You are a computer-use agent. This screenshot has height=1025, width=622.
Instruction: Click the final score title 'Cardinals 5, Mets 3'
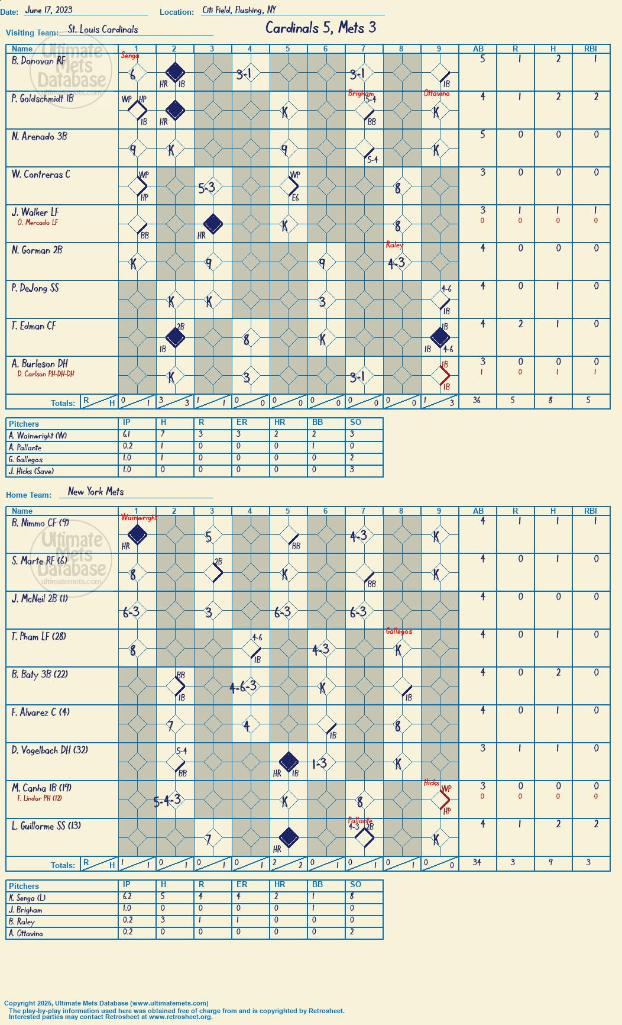click(320, 28)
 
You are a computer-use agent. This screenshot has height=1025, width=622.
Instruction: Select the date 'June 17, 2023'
click(48, 10)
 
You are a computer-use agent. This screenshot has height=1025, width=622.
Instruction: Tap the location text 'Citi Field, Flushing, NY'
click(239, 10)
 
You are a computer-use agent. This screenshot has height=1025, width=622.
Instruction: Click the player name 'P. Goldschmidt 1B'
click(43, 98)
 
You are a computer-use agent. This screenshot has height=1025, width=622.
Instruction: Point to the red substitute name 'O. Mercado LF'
click(38, 223)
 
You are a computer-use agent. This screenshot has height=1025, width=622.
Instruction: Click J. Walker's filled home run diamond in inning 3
click(213, 224)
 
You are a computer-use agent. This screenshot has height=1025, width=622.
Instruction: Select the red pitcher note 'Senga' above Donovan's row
click(130, 55)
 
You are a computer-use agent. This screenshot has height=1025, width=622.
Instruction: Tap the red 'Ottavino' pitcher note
click(436, 94)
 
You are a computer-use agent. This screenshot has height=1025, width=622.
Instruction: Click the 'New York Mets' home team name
click(96, 491)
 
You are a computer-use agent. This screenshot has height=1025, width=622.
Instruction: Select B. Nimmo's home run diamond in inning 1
click(137, 535)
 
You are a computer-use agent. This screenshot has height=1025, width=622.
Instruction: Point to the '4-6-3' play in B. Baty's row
click(243, 686)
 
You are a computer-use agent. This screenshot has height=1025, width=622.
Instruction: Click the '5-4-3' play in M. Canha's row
click(167, 801)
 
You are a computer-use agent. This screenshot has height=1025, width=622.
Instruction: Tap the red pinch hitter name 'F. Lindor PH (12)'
click(40, 798)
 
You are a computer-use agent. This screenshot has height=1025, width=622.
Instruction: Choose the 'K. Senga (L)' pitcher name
click(27, 898)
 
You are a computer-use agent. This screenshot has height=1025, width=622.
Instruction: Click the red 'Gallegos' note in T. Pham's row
click(399, 631)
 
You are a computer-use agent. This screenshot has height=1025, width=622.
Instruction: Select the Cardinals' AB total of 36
click(477, 400)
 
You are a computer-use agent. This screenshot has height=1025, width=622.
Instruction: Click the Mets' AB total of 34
click(477, 862)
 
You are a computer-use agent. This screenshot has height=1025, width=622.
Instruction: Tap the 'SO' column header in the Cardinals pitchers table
click(355, 422)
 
